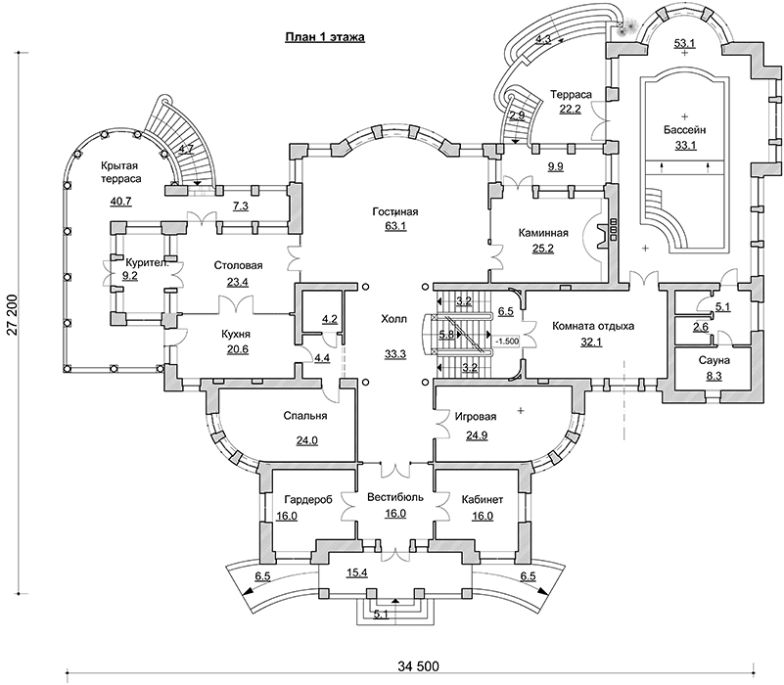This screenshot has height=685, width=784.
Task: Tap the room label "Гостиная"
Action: click(x=395, y=212)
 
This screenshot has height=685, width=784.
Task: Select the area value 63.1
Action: click(x=395, y=229)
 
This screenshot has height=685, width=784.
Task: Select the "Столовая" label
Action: click(x=238, y=265)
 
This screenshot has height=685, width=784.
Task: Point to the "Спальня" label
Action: click(x=304, y=415)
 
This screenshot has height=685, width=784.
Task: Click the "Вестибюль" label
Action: click(x=395, y=497)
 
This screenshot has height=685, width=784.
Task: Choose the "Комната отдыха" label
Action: click(x=594, y=326)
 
